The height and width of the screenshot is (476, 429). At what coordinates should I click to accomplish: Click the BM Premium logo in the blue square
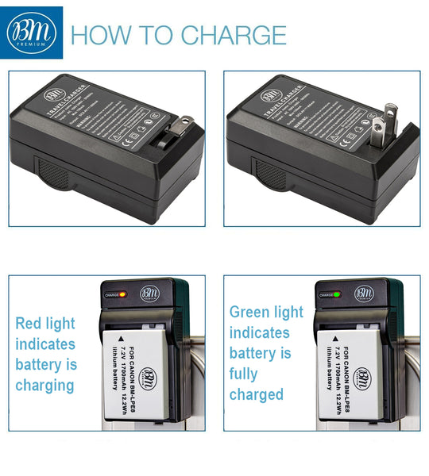pyautogui.click(x=32, y=33)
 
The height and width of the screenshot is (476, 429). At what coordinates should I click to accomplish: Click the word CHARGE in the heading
pyautogui.click(x=234, y=35)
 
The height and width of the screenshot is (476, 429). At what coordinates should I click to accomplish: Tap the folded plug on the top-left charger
pyautogui.click(x=178, y=132)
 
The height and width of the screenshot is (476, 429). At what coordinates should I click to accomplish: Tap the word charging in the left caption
pyautogui.click(x=44, y=386)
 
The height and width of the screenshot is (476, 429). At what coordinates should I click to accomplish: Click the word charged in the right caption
pyautogui.click(x=256, y=394)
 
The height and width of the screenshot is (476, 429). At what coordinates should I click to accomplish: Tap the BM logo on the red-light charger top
pyautogui.click(x=150, y=293)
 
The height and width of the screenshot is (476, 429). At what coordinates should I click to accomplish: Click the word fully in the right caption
pyautogui.click(x=245, y=374)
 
